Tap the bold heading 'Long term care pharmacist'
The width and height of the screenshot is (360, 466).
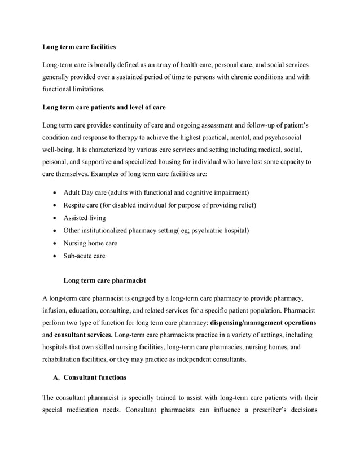[104, 279]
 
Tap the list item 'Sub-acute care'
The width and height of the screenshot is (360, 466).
[84, 256]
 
